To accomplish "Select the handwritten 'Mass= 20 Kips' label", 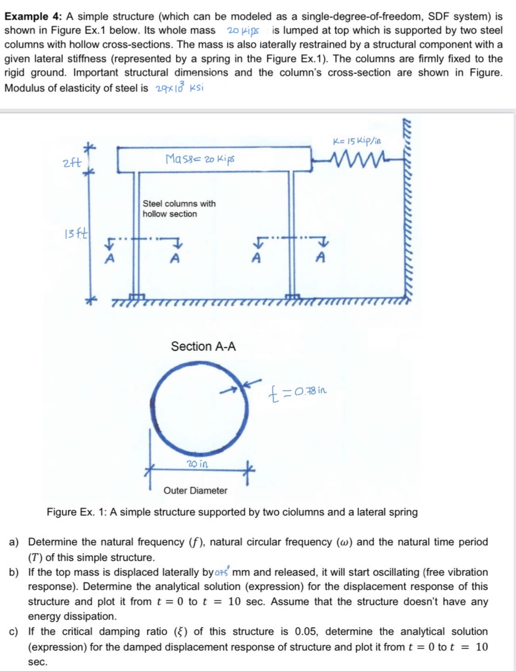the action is pos(200,160).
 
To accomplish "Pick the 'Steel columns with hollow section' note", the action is pos(179,209).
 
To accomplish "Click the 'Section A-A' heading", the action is pos(203,346).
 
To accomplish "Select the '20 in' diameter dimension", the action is pos(197,464).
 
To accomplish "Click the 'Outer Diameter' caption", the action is pos(195,490).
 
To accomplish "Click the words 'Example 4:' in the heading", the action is pos(33,16).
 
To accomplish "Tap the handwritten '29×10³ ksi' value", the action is pos(179,88).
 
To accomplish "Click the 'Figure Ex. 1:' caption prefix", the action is pos(77,512).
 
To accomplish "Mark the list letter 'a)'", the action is pos(14,542).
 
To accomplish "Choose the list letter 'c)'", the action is pos(14,632).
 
